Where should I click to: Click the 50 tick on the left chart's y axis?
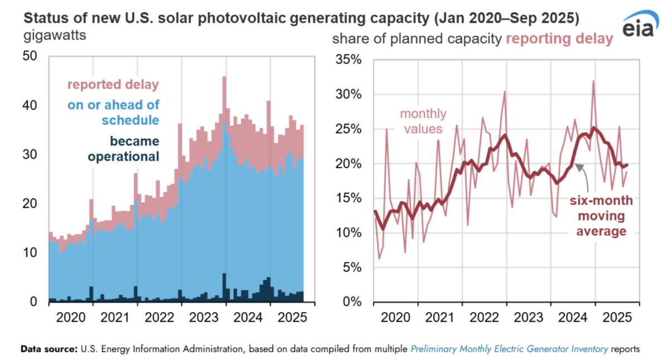(x=33, y=56)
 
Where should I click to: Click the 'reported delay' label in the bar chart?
(x=113, y=85)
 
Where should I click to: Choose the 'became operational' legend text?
(x=123, y=149)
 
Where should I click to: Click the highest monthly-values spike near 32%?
(x=593, y=81)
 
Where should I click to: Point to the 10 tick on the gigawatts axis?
(x=33, y=253)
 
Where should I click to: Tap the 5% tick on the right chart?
(x=353, y=267)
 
